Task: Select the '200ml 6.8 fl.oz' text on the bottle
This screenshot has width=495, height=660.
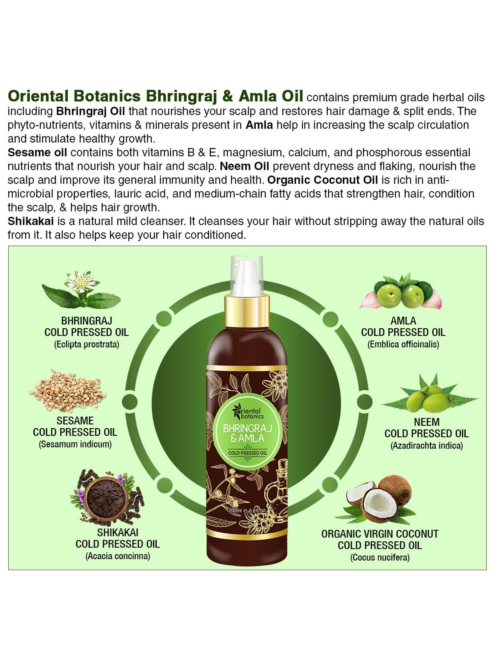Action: (x=247, y=511)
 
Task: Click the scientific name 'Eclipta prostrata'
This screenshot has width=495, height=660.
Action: (x=86, y=345)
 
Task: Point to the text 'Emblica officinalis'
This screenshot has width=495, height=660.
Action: (x=403, y=345)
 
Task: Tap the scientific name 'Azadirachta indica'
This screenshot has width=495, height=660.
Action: (x=427, y=446)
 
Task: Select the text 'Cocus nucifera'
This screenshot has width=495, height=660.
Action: (x=380, y=558)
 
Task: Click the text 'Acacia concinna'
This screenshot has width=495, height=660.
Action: (x=118, y=556)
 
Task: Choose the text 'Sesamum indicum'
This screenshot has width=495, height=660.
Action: (x=75, y=445)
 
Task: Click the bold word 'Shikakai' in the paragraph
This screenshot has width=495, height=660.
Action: (x=31, y=221)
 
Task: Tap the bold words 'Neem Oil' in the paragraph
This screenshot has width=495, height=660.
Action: (x=244, y=166)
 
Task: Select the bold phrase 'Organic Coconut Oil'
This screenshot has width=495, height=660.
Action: (x=322, y=180)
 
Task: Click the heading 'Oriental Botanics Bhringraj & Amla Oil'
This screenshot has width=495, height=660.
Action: (x=155, y=96)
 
